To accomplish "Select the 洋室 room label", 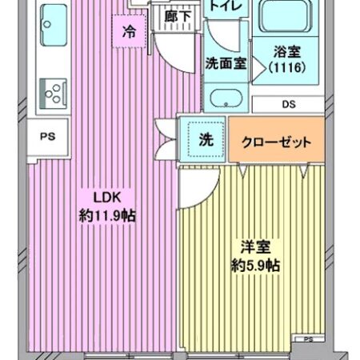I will [253, 246].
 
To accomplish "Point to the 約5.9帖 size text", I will [253, 264].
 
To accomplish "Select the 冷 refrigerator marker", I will [128, 33].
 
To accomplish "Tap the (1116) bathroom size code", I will [286, 68].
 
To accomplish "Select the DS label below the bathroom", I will [287, 103].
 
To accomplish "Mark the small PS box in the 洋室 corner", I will [307, 339].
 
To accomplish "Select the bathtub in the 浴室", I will [286, 21].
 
